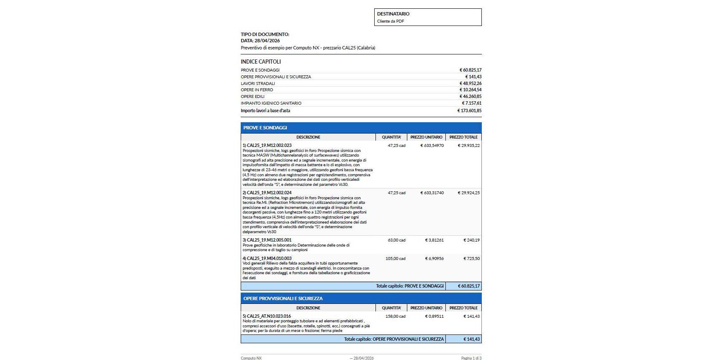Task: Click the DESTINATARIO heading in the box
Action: click(393, 14)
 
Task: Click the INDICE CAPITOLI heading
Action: click(261, 62)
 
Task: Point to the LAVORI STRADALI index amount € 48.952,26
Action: click(471, 83)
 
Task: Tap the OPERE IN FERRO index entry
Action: click(257, 90)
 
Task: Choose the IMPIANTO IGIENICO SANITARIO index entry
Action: click(271, 103)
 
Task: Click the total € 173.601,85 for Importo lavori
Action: click(469, 111)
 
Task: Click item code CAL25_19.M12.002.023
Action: click(269, 145)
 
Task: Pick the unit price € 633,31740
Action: click(432, 193)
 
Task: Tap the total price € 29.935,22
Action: click(468, 146)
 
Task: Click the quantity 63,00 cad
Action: click(396, 240)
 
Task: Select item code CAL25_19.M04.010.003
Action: click(269, 258)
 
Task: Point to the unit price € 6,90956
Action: click(434, 259)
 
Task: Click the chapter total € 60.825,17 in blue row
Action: click(468, 286)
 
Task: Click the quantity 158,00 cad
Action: click(395, 316)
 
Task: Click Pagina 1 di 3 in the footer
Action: click(471, 358)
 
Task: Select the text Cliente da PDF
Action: click(391, 21)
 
